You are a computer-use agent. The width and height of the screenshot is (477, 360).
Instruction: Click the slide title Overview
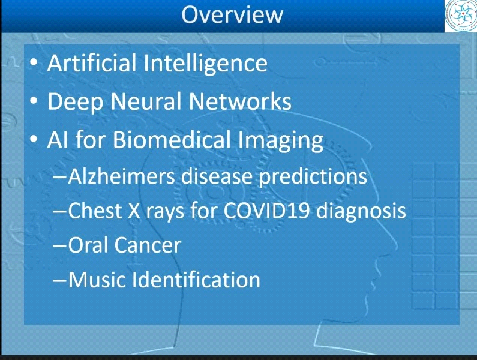(232, 14)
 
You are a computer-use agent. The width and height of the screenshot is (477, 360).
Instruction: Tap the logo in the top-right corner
(461, 16)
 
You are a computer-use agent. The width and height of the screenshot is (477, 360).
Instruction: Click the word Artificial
(92, 62)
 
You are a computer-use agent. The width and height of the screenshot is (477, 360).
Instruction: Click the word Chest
(95, 210)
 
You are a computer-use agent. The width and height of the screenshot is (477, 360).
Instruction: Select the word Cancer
(148, 245)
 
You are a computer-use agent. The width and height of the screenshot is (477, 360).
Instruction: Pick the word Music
(97, 280)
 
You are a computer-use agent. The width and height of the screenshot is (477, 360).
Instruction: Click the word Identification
(196, 280)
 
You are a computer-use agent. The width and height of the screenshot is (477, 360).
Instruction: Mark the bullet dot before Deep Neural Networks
(34, 101)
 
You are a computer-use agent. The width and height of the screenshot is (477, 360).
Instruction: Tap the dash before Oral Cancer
(59, 245)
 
